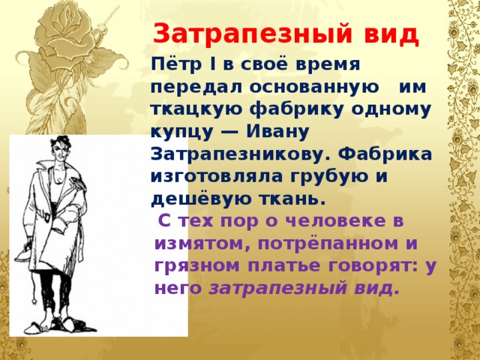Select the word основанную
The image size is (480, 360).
coord(314,87)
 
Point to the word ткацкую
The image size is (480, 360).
coord(196,110)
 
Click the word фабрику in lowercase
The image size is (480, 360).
coord(296,110)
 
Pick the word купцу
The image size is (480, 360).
coord(182,133)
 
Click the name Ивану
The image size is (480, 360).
coord(277,132)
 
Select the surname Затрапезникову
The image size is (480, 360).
coord(241,155)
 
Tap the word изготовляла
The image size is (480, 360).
coord(217,177)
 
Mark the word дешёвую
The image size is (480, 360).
coord(201,199)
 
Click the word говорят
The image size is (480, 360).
coord(368,266)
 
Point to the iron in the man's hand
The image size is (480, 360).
coord(25,253)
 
